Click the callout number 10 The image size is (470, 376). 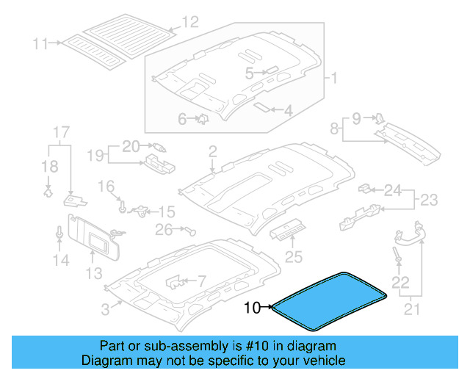point(251,308)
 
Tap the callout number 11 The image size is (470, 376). point(40,44)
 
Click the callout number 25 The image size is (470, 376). point(293,257)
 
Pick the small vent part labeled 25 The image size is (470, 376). point(287,232)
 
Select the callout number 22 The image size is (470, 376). point(399,282)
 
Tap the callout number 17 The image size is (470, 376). point(61,133)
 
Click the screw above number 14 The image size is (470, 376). point(59,233)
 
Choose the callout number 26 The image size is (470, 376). point(163,230)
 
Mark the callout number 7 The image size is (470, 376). point(203,281)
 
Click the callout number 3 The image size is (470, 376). point(106,310)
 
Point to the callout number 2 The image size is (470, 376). point(212,152)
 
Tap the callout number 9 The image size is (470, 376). point(356,117)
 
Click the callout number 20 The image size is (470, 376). point(130,145)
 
